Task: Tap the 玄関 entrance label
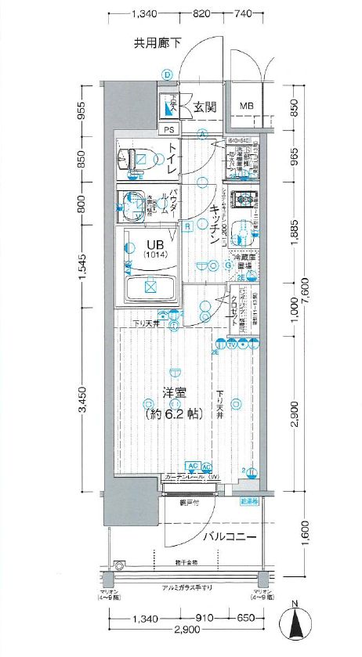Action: pyautogui.click(x=206, y=106)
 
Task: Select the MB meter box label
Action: pyautogui.click(x=246, y=106)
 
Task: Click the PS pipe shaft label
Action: pyautogui.click(x=169, y=130)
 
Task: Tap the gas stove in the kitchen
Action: pyautogui.click(x=242, y=200)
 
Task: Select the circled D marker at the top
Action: pyautogui.click(x=167, y=74)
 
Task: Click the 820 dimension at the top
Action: pyautogui.click(x=201, y=13)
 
